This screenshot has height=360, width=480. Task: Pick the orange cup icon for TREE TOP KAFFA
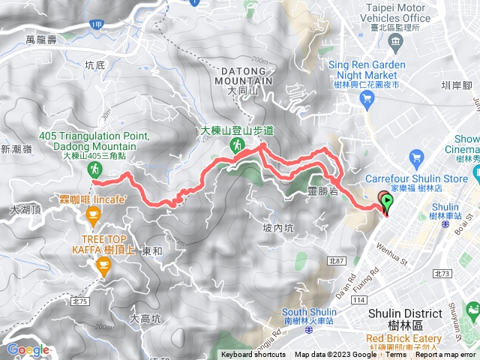(x=103, y=265)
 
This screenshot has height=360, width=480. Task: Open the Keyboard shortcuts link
(x=254, y=355)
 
